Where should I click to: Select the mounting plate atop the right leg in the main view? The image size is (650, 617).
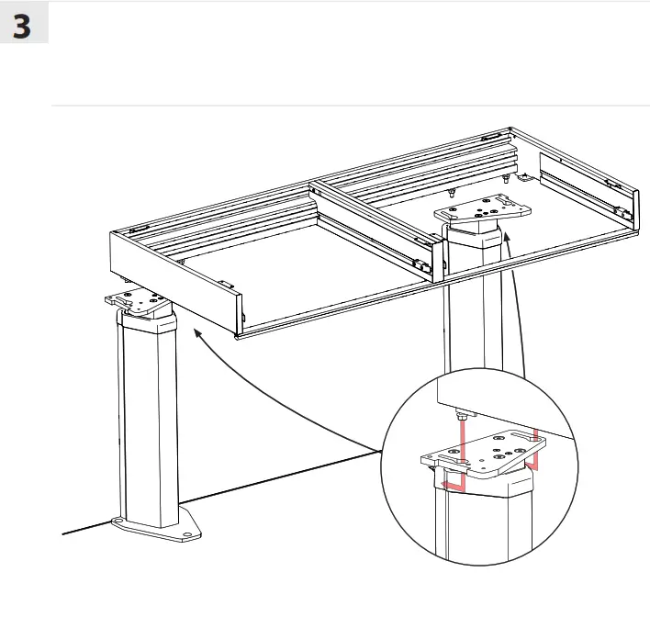pyautogui.click(x=486, y=210)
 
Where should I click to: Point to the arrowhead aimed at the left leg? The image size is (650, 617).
pyautogui.click(x=196, y=336)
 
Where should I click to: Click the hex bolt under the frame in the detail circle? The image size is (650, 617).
pyautogui.click(x=463, y=417)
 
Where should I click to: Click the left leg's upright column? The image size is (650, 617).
pyautogui.click(x=147, y=413)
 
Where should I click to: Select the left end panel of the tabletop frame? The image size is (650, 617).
pyautogui.click(x=174, y=280)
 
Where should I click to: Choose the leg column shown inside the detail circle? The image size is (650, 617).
pyautogui.click(x=477, y=533)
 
